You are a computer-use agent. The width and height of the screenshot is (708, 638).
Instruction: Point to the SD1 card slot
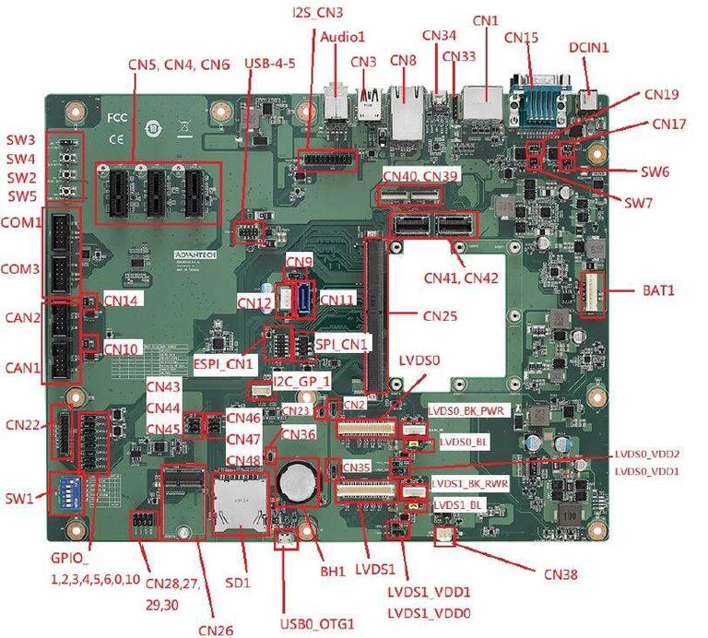[x=241, y=503]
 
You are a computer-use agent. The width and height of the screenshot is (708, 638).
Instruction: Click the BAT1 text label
[x=658, y=289]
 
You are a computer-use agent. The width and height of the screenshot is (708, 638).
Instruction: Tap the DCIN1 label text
[x=588, y=47]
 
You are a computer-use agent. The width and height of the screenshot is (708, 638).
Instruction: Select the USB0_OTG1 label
[x=317, y=624]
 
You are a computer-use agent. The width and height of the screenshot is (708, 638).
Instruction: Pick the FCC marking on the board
[x=117, y=118]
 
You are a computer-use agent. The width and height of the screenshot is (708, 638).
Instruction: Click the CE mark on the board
[x=116, y=139]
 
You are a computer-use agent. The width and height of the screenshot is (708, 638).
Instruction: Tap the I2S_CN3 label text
[x=317, y=12]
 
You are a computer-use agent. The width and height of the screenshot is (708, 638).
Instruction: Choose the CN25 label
[x=440, y=315]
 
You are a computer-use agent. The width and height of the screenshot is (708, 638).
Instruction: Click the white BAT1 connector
[x=592, y=295]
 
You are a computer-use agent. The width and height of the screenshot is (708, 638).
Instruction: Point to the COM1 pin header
[x=61, y=231]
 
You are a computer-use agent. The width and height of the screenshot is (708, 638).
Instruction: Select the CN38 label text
[x=560, y=574]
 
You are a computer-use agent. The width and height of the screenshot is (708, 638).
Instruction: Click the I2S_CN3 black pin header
[x=328, y=160]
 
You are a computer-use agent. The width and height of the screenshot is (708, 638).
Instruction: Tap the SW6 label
[x=655, y=171]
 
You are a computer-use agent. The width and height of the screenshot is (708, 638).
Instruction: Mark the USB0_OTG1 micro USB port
[x=286, y=539]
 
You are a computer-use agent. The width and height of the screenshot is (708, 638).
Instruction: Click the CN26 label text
[x=216, y=630]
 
